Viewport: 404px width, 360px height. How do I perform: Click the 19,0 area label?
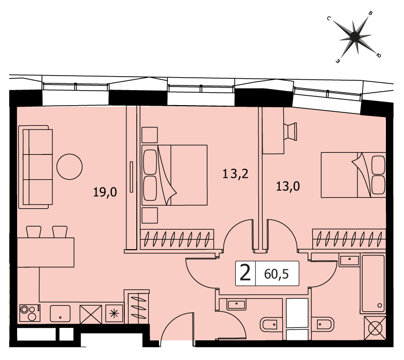point(105,192)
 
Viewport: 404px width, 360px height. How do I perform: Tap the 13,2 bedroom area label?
point(236,174)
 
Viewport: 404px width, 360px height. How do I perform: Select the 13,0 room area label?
point(288,186)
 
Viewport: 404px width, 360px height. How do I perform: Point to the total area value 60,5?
point(277,274)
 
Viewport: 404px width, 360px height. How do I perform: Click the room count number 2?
point(245,273)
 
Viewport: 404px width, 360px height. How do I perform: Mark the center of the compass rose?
point(355,36)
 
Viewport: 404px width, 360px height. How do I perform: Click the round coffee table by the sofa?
point(69,167)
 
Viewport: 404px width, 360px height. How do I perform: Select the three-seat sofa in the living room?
point(36,167)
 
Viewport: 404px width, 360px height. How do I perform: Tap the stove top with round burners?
point(30,313)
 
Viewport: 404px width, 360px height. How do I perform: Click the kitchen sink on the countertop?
point(60,313)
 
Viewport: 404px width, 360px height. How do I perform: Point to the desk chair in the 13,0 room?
point(290,132)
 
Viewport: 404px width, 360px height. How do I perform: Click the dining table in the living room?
point(46,252)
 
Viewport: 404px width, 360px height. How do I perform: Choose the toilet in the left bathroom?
point(271,324)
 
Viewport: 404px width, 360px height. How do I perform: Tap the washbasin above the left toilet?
point(236,304)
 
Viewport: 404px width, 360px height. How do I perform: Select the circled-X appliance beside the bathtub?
point(375,328)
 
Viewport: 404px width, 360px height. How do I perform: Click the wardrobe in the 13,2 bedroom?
point(177,239)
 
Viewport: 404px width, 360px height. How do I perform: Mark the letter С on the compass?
point(329,18)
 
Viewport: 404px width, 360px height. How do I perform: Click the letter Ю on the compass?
point(379,55)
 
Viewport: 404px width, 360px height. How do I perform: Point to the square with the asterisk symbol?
point(114,313)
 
